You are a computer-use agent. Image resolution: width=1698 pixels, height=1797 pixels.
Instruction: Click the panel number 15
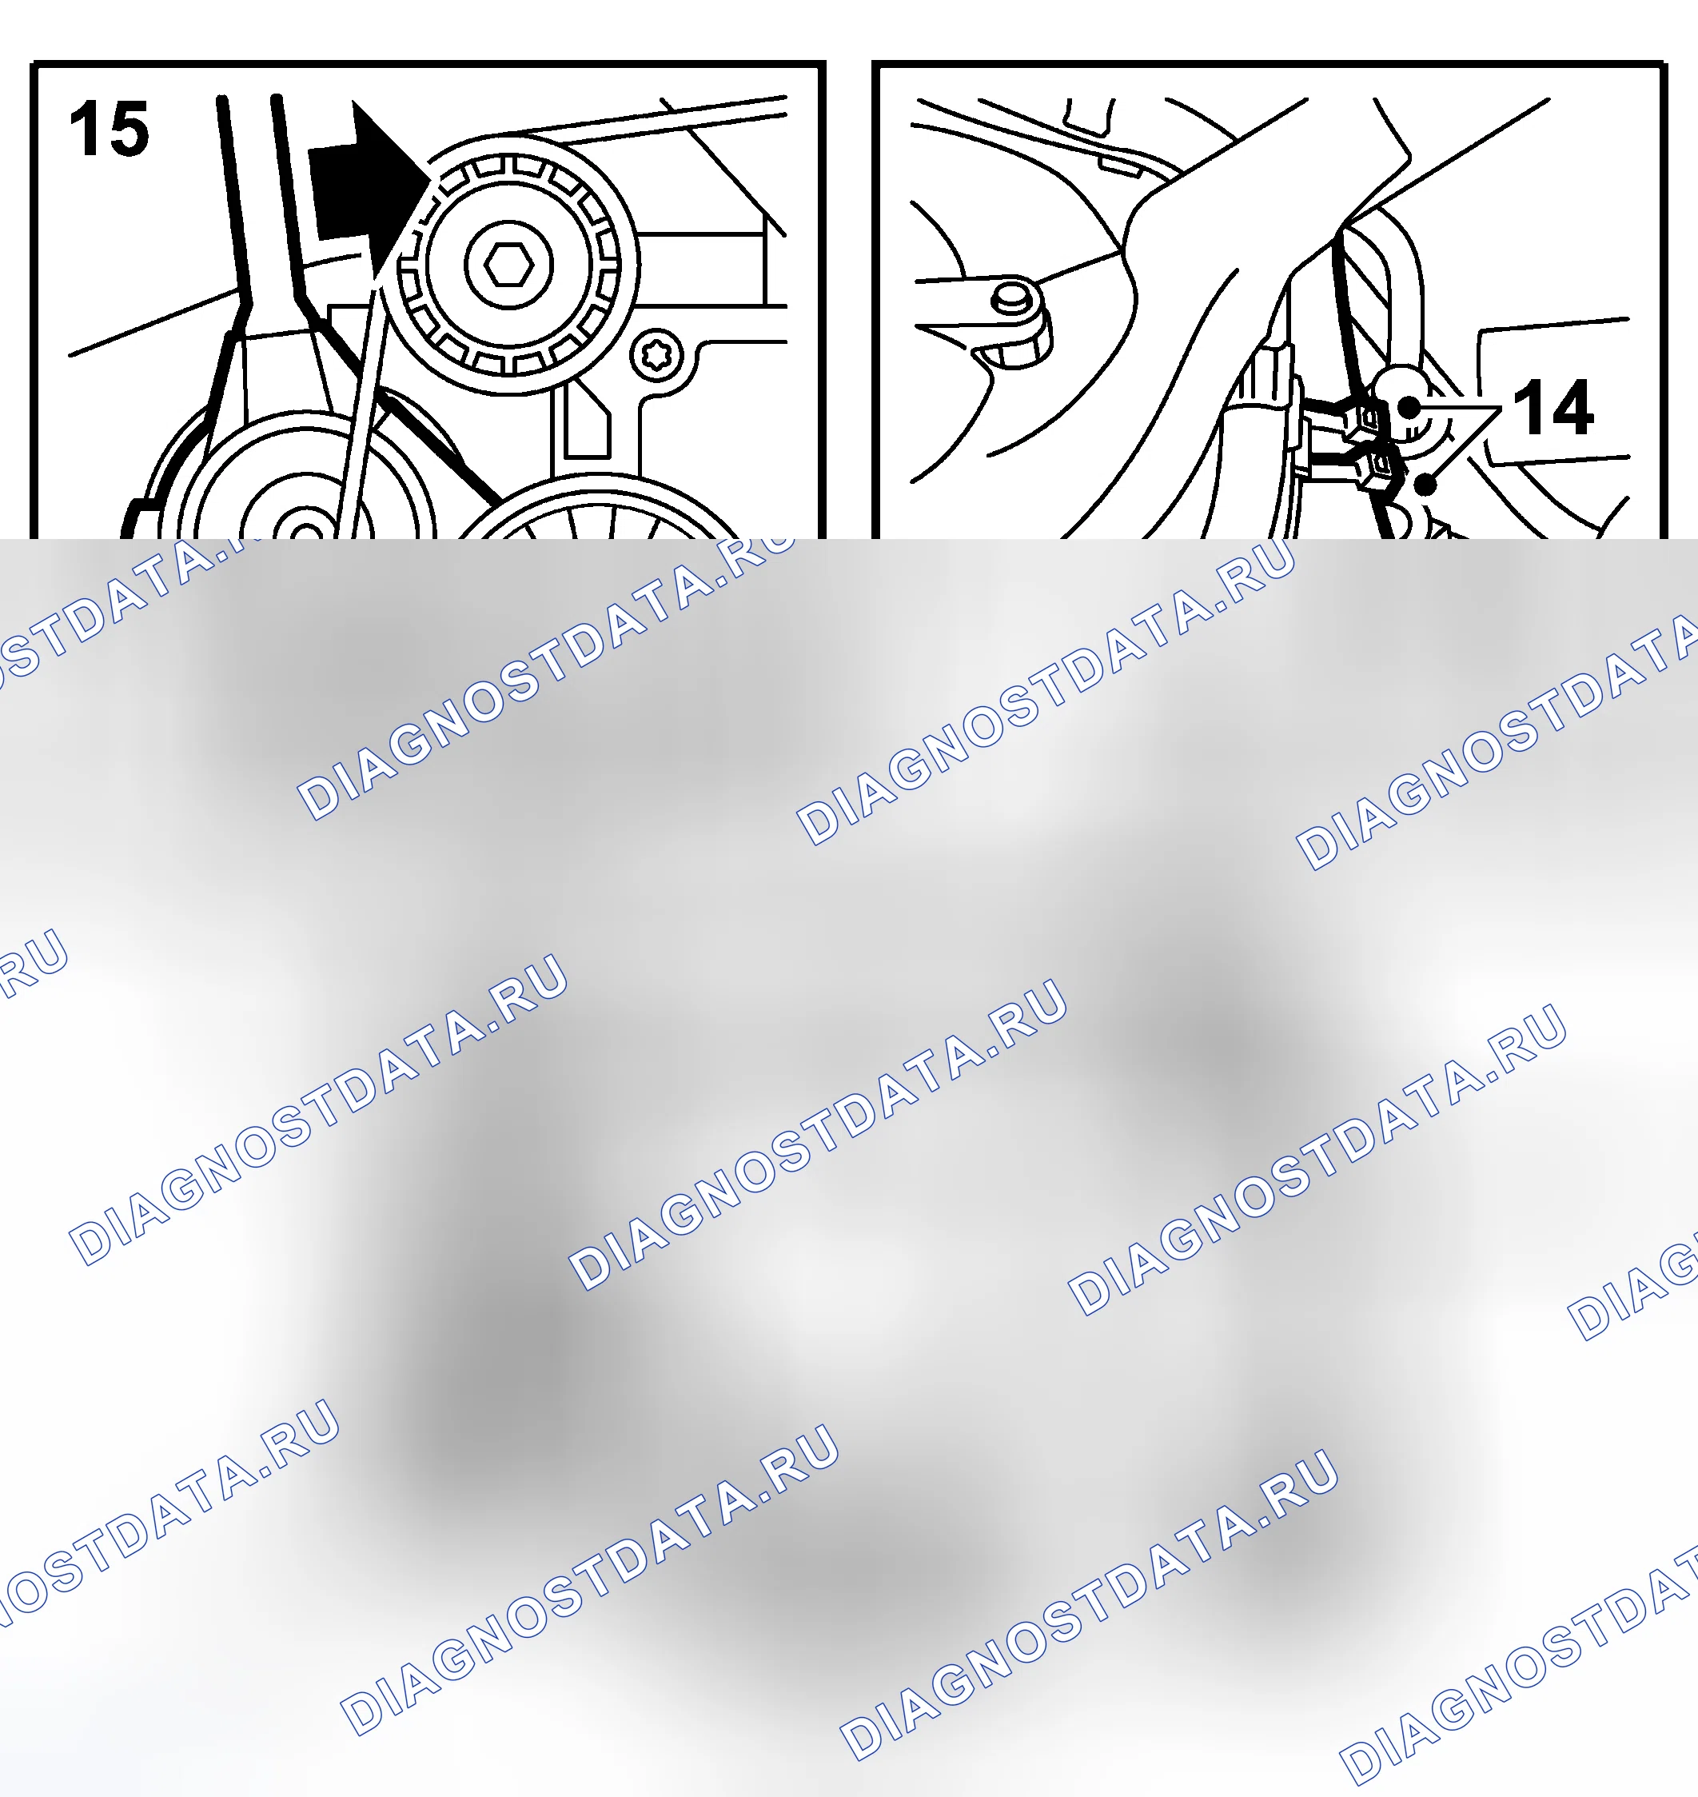click(x=109, y=129)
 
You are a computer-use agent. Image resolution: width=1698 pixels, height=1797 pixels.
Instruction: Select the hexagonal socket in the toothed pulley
click(x=508, y=266)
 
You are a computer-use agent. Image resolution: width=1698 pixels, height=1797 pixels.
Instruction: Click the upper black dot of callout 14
click(x=1409, y=407)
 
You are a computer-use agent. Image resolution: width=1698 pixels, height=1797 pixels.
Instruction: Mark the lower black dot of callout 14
click(x=1425, y=485)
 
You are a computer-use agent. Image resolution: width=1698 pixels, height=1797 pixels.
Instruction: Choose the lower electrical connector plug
click(x=1374, y=467)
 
